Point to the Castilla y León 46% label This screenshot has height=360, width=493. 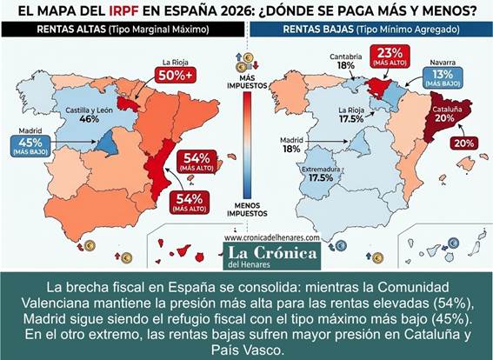[88, 116]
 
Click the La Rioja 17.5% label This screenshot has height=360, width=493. [353, 115]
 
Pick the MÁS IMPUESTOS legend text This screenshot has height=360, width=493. [246, 84]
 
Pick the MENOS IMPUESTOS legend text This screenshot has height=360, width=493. [246, 209]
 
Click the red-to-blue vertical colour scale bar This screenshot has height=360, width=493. [247, 143]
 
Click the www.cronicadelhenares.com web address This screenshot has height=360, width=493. [271, 237]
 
